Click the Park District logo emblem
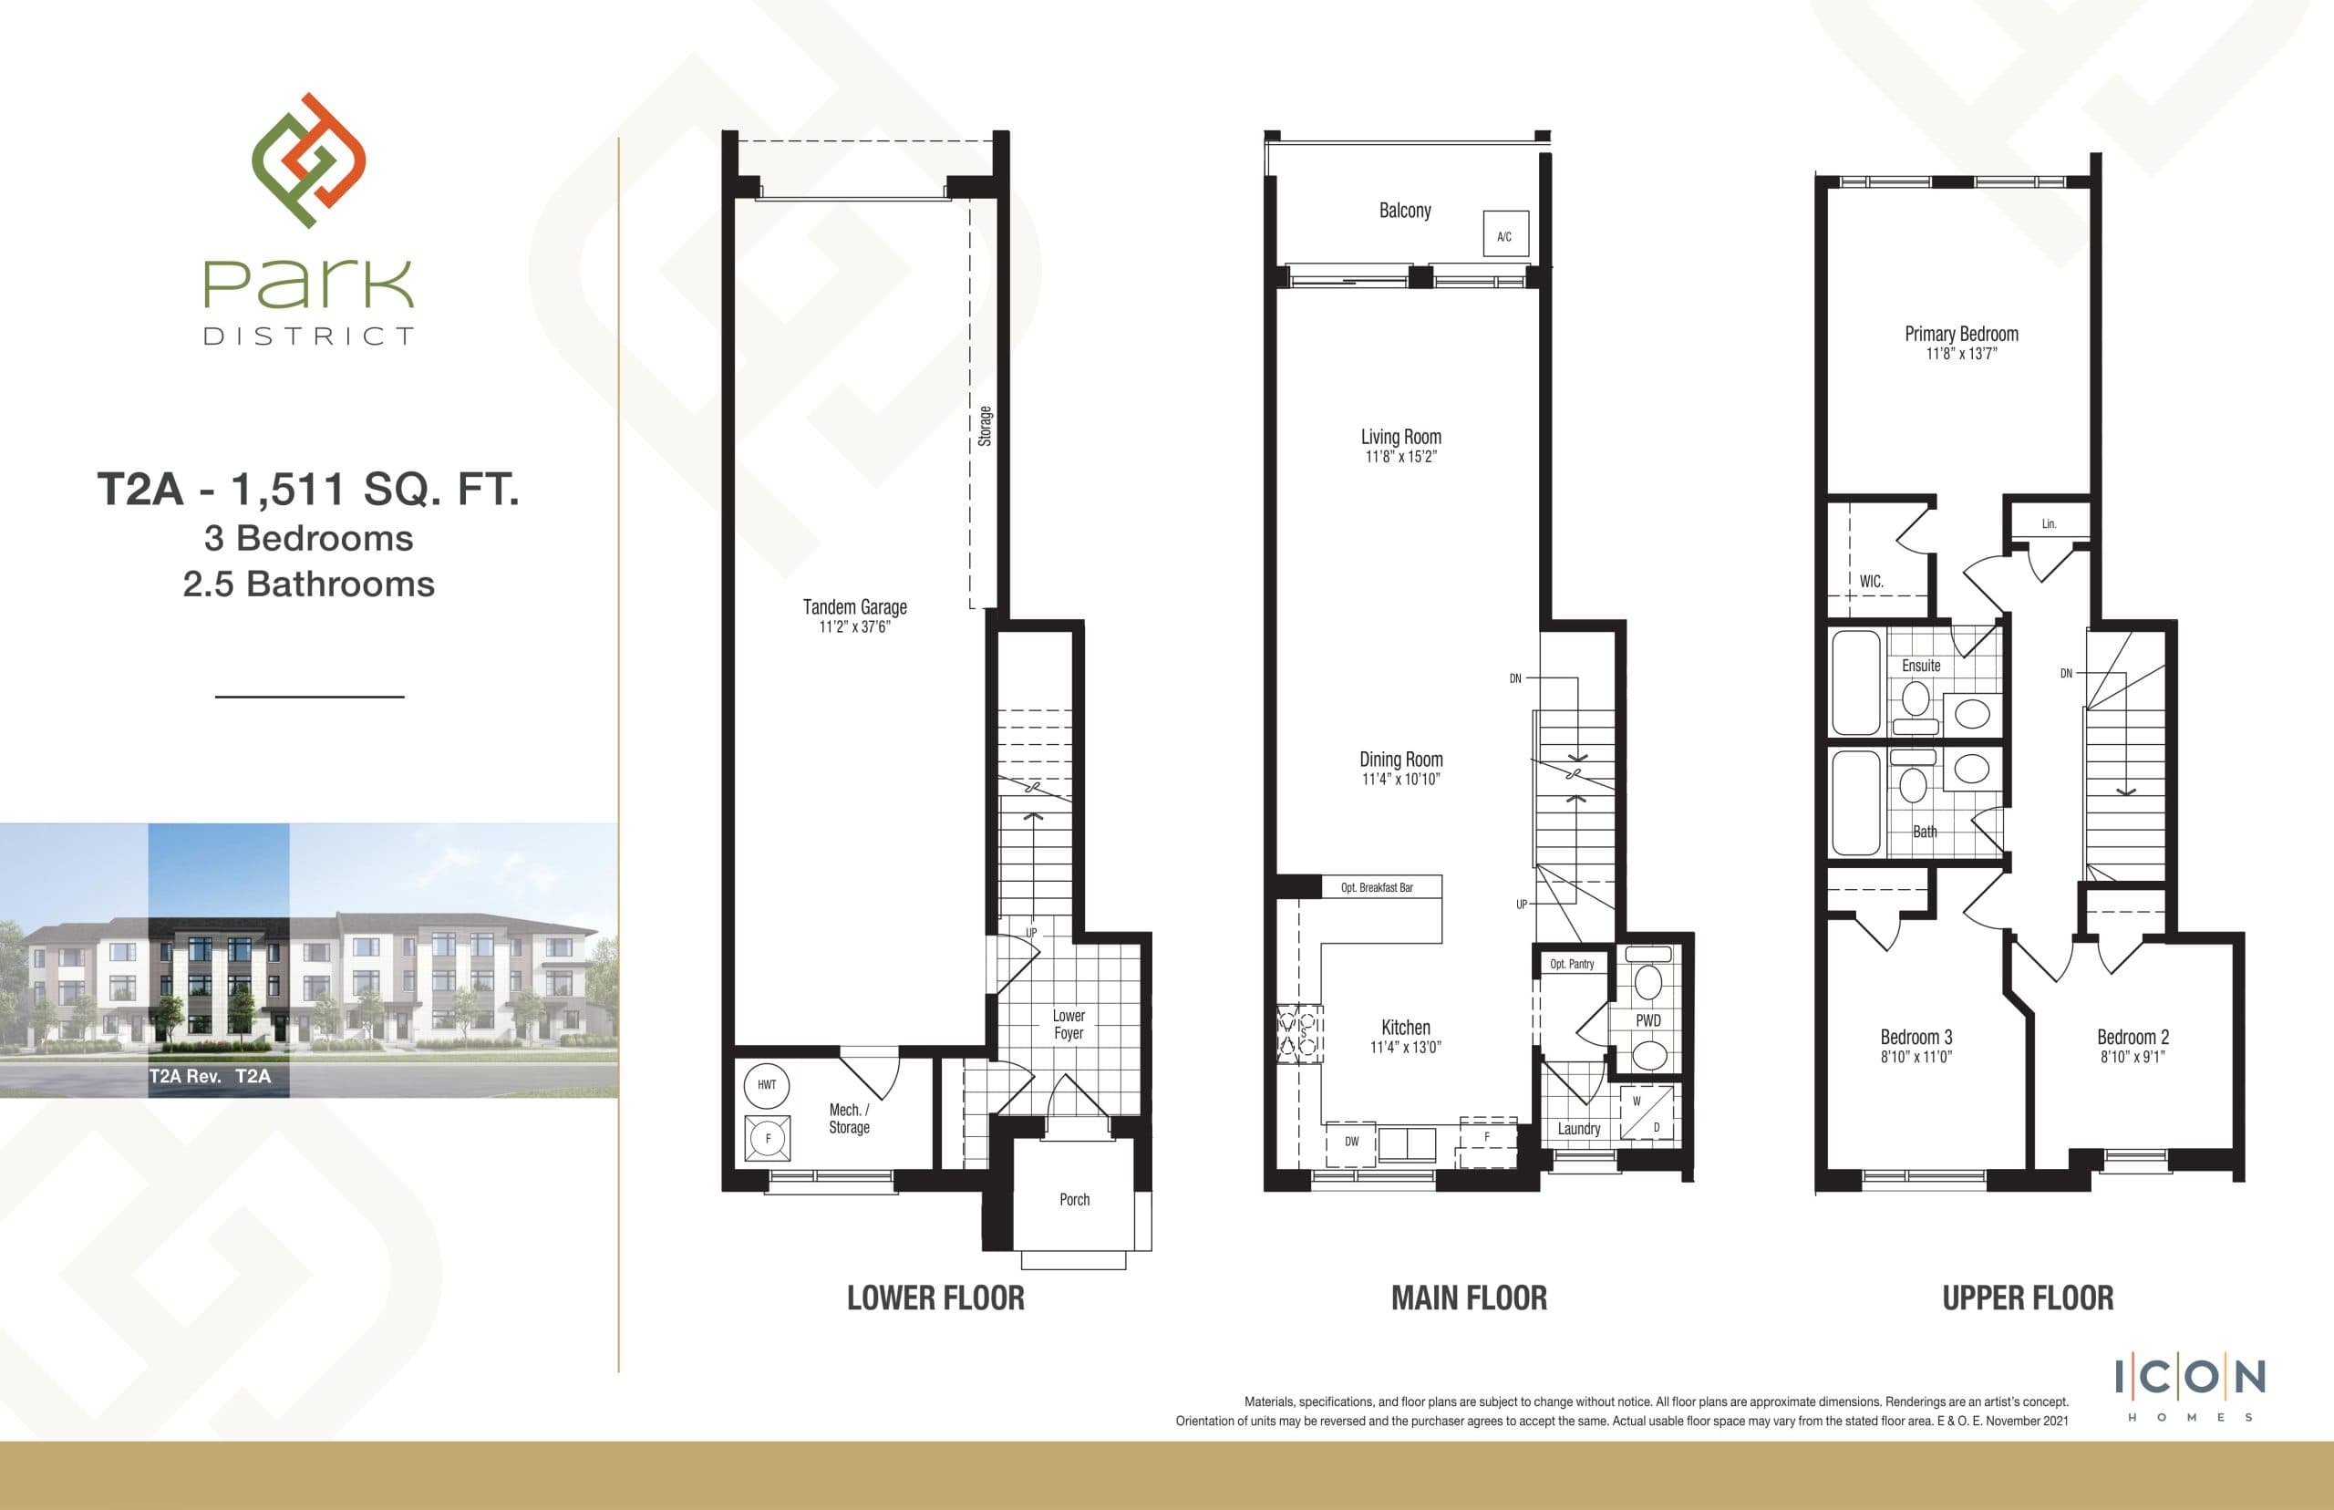point(309,160)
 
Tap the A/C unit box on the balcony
point(1503,234)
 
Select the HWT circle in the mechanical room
point(767,1084)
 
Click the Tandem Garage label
point(855,607)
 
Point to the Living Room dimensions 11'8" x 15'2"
point(1400,457)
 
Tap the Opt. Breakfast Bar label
point(1377,887)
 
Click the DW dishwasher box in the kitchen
point(1351,1142)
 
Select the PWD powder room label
point(1647,1020)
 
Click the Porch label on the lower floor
point(1074,1199)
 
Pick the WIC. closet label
point(1872,582)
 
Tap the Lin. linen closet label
point(2049,523)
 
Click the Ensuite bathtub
point(1855,682)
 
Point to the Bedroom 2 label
point(2133,1038)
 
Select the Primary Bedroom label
point(1961,334)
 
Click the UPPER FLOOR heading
point(2027,1298)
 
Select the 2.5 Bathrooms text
point(309,584)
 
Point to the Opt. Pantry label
point(1572,964)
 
